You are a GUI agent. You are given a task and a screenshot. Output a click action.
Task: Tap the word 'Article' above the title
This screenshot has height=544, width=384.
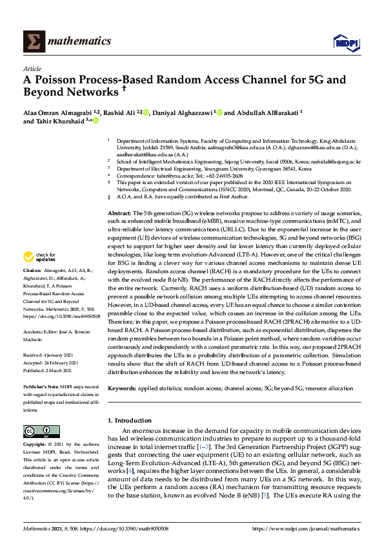click(x=32, y=68)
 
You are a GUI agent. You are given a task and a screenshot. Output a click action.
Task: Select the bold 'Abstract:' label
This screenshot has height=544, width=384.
click(x=121, y=194)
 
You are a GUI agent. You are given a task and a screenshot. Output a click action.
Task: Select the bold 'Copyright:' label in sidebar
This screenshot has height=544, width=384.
click(x=35, y=445)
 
